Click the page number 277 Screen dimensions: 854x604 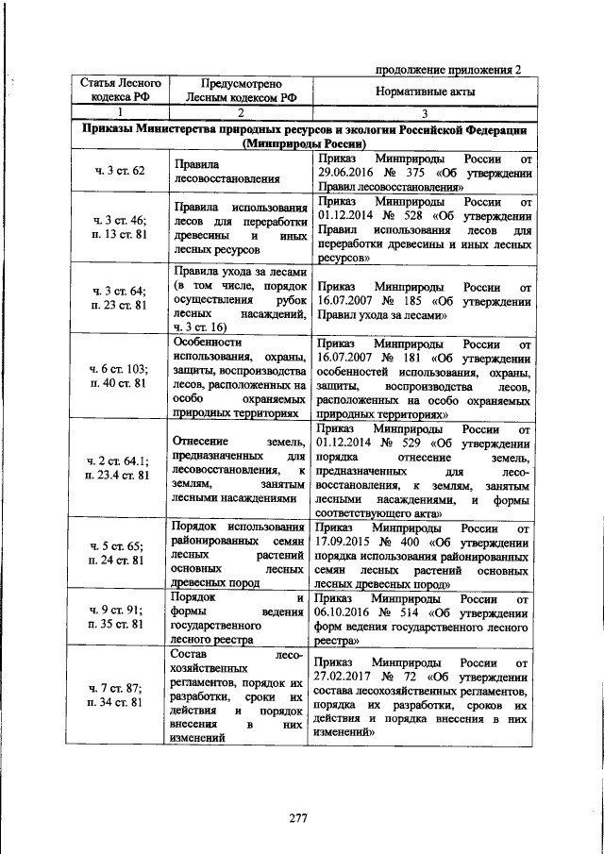tap(299, 818)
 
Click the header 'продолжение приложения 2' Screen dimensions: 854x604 tap(448, 69)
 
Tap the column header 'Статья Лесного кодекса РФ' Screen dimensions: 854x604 tap(118, 90)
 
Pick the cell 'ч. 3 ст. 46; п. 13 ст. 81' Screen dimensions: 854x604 tap(119, 226)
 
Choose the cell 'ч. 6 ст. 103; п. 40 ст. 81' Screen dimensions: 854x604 tap(119, 377)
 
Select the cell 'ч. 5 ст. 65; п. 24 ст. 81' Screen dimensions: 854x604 tap(119, 553)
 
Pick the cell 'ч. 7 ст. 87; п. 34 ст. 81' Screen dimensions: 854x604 tap(119, 695)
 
